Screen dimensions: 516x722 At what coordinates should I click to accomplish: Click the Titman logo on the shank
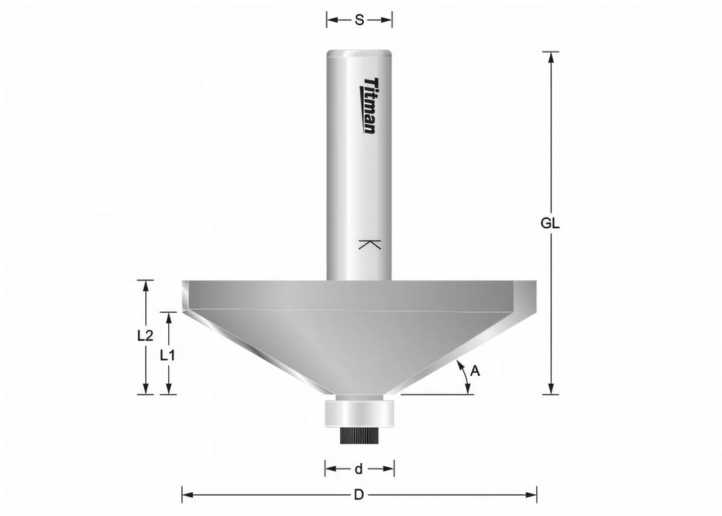[x=369, y=106]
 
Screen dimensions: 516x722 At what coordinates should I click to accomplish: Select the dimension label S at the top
[x=359, y=20]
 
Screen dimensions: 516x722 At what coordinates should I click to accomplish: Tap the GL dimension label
[x=550, y=223]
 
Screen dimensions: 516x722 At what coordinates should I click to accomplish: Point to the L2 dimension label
[x=145, y=335]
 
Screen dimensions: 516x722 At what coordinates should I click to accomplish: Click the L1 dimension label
[x=168, y=355]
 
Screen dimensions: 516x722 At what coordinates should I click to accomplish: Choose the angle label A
[x=474, y=371]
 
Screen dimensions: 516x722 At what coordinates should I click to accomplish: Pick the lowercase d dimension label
[x=359, y=469]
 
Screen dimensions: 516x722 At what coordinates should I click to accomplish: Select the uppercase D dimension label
[x=358, y=495]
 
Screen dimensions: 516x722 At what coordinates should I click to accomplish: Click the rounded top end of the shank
[x=359, y=53]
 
